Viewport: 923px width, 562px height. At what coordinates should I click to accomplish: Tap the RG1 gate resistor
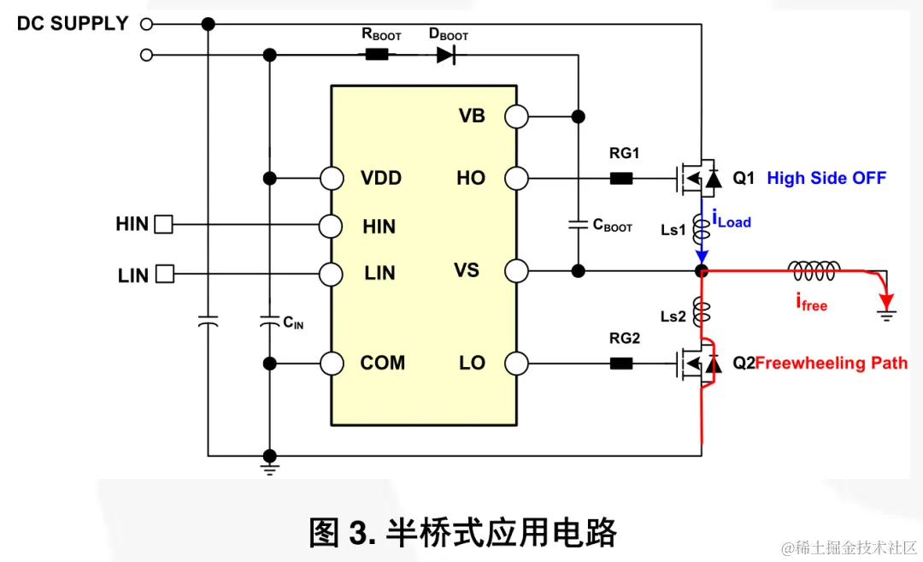pyautogui.click(x=621, y=179)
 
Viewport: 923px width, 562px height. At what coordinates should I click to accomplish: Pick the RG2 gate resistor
pyautogui.click(x=621, y=363)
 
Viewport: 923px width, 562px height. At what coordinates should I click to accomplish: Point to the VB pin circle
pyautogui.click(x=516, y=116)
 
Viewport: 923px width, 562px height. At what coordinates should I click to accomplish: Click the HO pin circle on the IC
pyautogui.click(x=516, y=179)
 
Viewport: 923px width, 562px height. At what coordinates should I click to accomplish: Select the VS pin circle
pyautogui.click(x=516, y=272)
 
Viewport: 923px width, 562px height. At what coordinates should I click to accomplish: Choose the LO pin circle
pyautogui.click(x=516, y=363)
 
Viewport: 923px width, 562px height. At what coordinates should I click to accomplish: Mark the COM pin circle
pyautogui.click(x=332, y=363)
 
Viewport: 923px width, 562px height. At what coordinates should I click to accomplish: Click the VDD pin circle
pyautogui.click(x=332, y=179)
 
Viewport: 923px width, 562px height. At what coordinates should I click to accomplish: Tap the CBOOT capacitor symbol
pyautogui.click(x=579, y=225)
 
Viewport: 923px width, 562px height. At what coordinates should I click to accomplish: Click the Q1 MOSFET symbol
pyautogui.click(x=697, y=178)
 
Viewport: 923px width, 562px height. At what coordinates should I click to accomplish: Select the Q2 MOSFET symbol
pyautogui.click(x=697, y=364)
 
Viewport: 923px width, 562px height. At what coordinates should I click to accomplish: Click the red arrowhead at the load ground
pyautogui.click(x=888, y=303)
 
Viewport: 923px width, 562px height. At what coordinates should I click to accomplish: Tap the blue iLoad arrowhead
pyautogui.click(x=702, y=257)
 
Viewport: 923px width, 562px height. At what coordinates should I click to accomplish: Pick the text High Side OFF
pyautogui.click(x=826, y=179)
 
